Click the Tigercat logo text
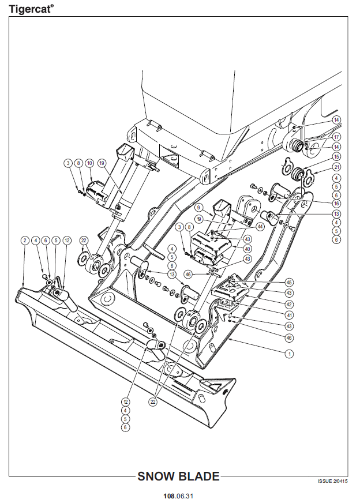[x=31, y=9]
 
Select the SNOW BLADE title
[x=178, y=476]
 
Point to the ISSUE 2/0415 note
[x=332, y=481]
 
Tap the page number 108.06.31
[x=178, y=496]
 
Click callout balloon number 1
[x=289, y=354]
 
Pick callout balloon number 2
[x=25, y=241]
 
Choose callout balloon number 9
[x=199, y=208]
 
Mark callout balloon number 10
[x=89, y=163]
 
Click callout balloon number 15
[x=336, y=156]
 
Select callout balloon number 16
[x=336, y=204]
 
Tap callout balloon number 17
[x=336, y=137]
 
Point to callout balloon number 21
[x=336, y=167]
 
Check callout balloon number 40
[x=247, y=249]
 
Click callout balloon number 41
[x=289, y=315]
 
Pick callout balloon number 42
[x=289, y=304]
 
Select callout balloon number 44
[x=259, y=227]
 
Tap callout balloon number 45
[x=289, y=282]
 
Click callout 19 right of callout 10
[x=102, y=163]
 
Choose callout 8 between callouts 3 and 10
[x=78, y=163]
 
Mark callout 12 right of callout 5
[x=67, y=241]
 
